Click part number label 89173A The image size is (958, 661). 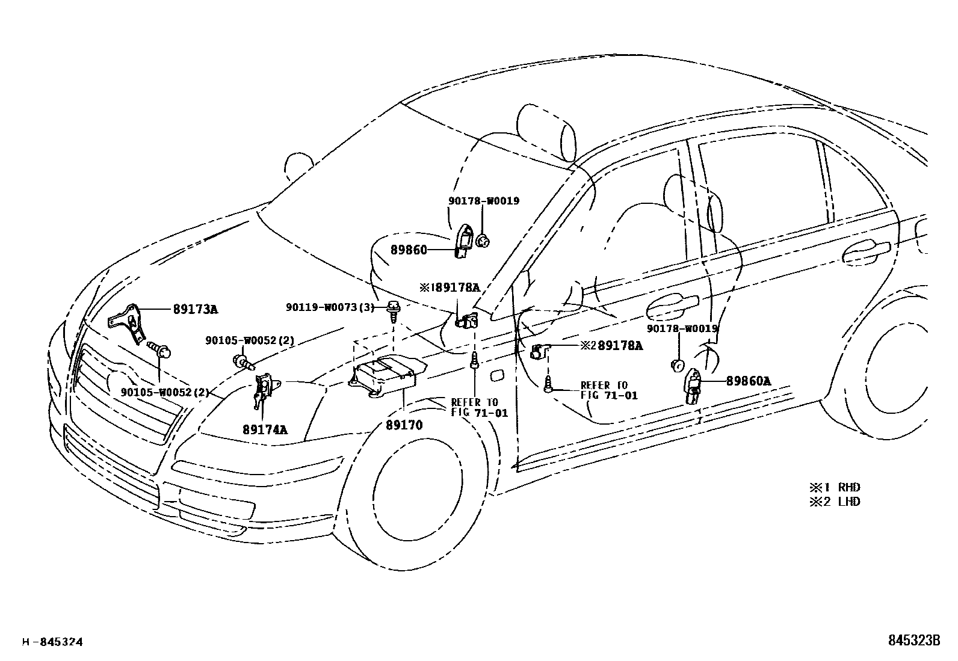click(195, 309)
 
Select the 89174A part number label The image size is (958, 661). click(265, 429)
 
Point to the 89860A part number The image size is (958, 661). click(748, 381)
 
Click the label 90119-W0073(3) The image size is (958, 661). click(330, 307)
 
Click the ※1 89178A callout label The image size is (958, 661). click(450, 287)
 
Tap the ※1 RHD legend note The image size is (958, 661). click(835, 487)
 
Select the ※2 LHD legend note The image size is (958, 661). click(835, 501)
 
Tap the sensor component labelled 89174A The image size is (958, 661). click(263, 389)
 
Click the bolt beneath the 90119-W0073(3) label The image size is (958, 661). click(393, 310)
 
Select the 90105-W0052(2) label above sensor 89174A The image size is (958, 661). click(249, 340)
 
